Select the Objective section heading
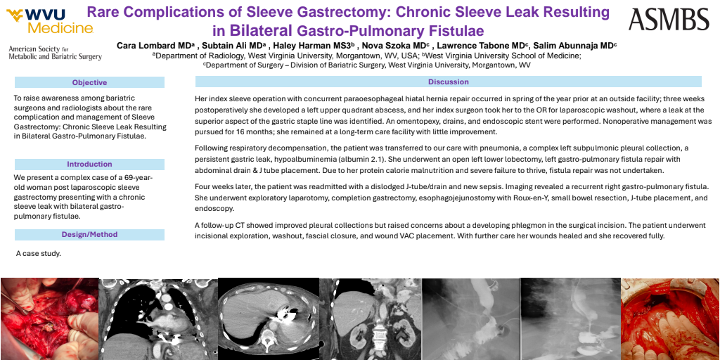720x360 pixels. tap(89, 82)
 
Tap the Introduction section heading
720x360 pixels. tap(89, 164)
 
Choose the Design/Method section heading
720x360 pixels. tap(89, 234)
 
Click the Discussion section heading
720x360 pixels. tap(448, 82)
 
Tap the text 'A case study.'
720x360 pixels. tap(39, 252)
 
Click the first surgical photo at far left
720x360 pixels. tap(49, 319)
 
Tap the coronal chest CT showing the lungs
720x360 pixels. tap(158, 319)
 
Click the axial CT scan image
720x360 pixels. tap(269, 319)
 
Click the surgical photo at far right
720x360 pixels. tap(670, 319)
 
